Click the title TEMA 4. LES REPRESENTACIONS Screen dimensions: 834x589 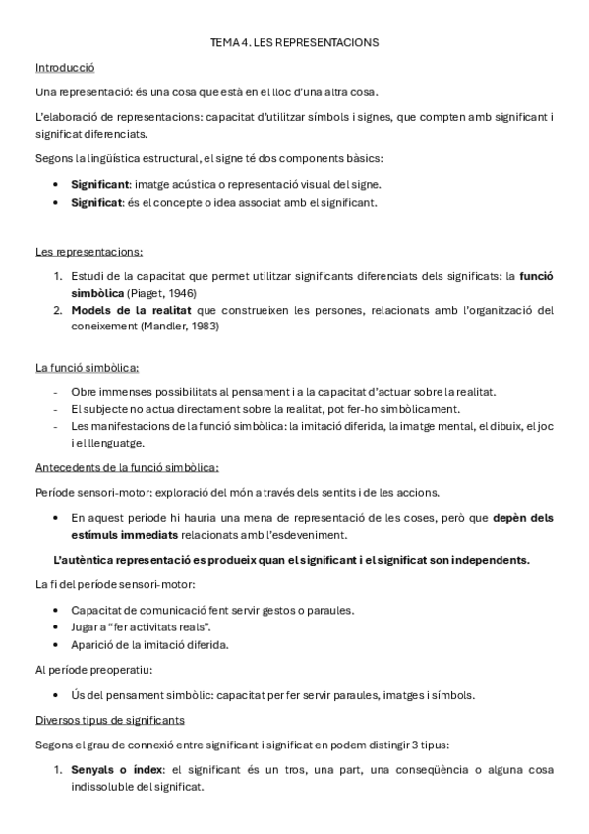[294, 43]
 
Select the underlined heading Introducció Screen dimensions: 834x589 [64, 68]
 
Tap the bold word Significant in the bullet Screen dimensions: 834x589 [99, 184]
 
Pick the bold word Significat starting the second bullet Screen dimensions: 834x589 [97, 202]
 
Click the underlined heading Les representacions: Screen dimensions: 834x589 [88, 252]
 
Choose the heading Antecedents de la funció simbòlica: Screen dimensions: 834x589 [127, 467]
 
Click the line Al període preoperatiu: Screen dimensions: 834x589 [92, 670]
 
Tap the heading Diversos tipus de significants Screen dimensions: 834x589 [109, 719]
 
